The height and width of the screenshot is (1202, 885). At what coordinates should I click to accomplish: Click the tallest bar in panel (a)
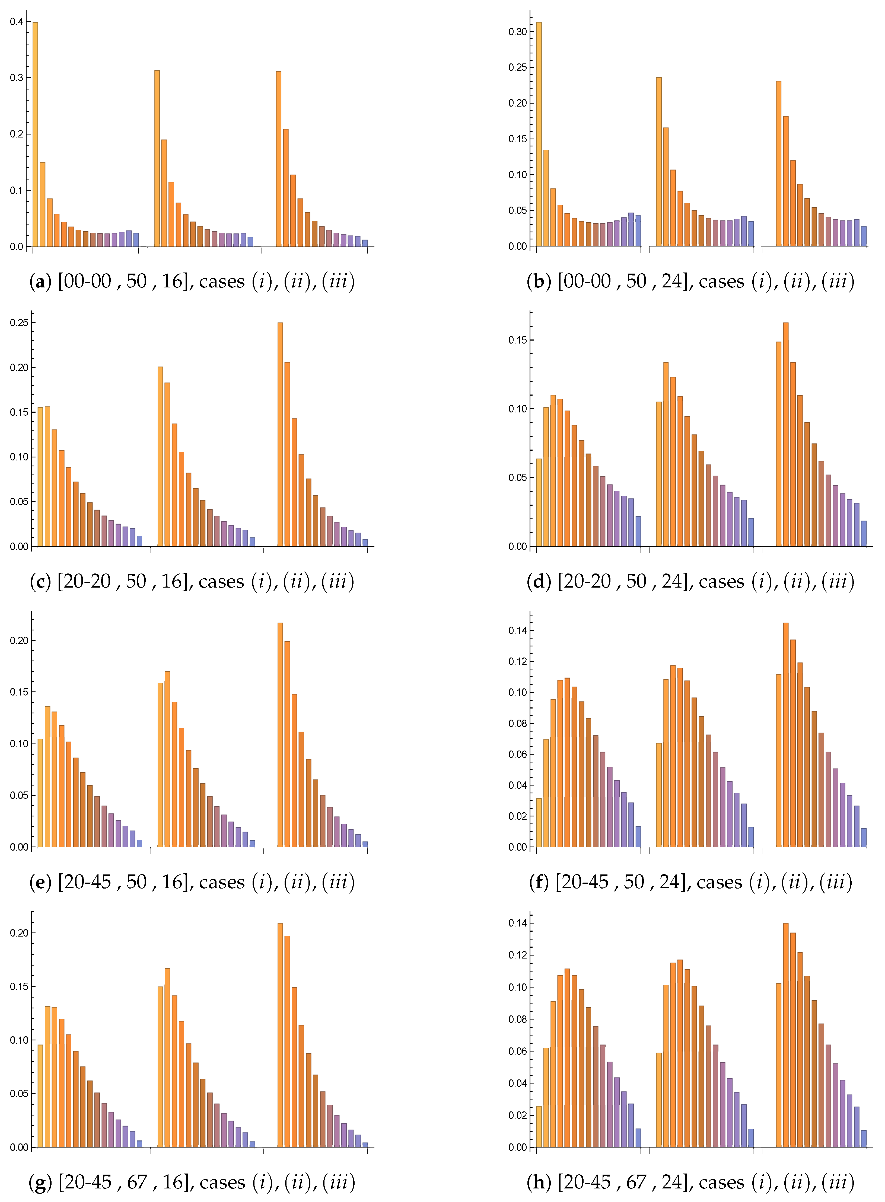coord(35,134)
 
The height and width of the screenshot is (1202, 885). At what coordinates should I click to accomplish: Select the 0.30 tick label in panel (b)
coord(517,32)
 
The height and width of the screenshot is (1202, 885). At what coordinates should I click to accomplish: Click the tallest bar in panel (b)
coord(539,134)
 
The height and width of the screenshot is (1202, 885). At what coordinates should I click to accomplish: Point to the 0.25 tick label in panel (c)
coord(19,323)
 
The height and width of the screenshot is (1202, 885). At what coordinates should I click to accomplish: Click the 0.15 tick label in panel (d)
coord(517,341)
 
